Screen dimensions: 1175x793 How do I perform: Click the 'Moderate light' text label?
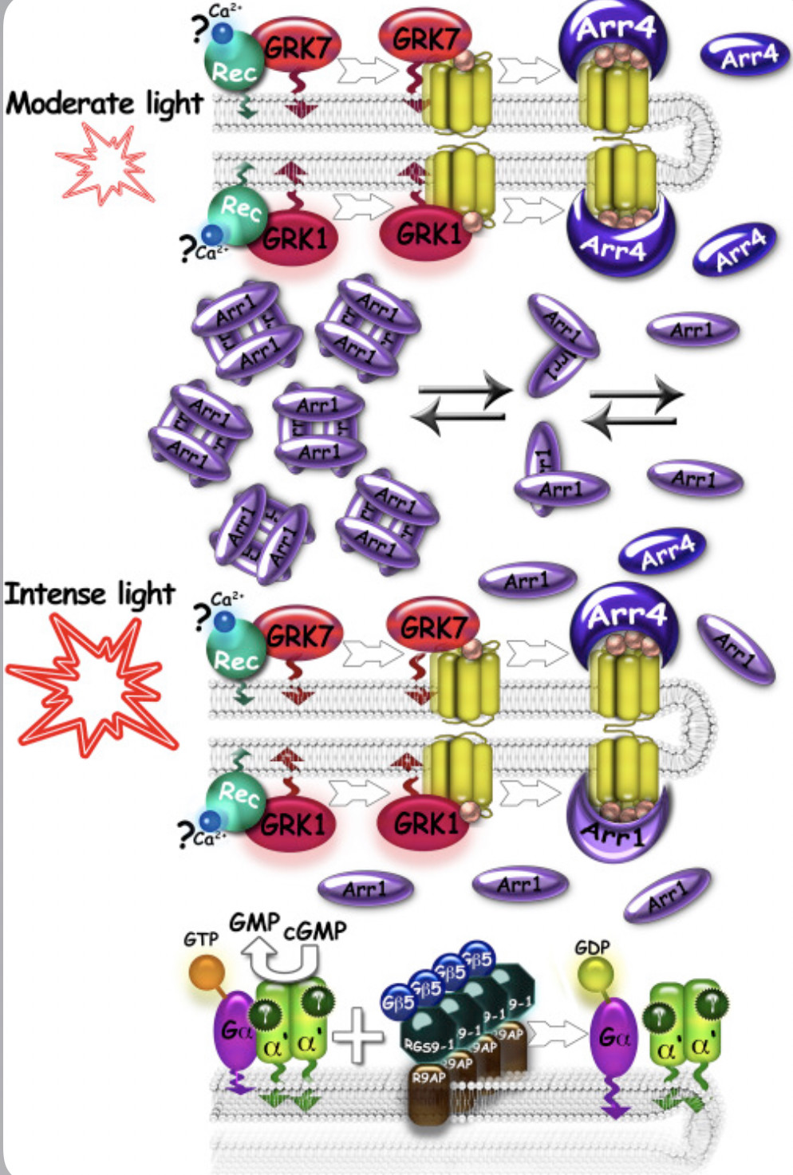coord(104,104)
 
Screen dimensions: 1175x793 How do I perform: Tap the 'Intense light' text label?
coord(89,594)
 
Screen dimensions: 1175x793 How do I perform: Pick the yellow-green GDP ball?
coord(594,976)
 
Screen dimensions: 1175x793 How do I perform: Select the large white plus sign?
coord(358,1035)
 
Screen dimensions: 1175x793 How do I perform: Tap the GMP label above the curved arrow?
coord(254,923)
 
